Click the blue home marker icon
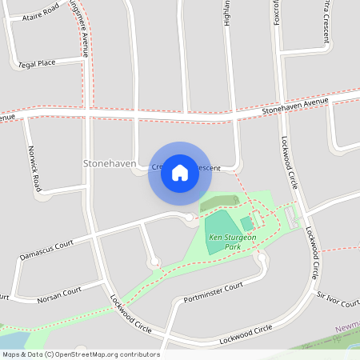coord(180,172)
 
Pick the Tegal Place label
coord(37,62)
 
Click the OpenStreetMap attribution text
coord(81,354)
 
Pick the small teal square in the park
coord(246,223)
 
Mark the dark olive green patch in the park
coord(218,203)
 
